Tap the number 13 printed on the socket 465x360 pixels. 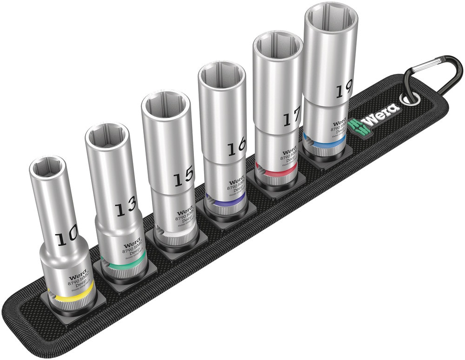click(x=126, y=206)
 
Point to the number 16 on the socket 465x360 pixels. click(x=236, y=148)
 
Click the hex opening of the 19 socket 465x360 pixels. click(x=331, y=18)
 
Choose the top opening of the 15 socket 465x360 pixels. click(x=166, y=104)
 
